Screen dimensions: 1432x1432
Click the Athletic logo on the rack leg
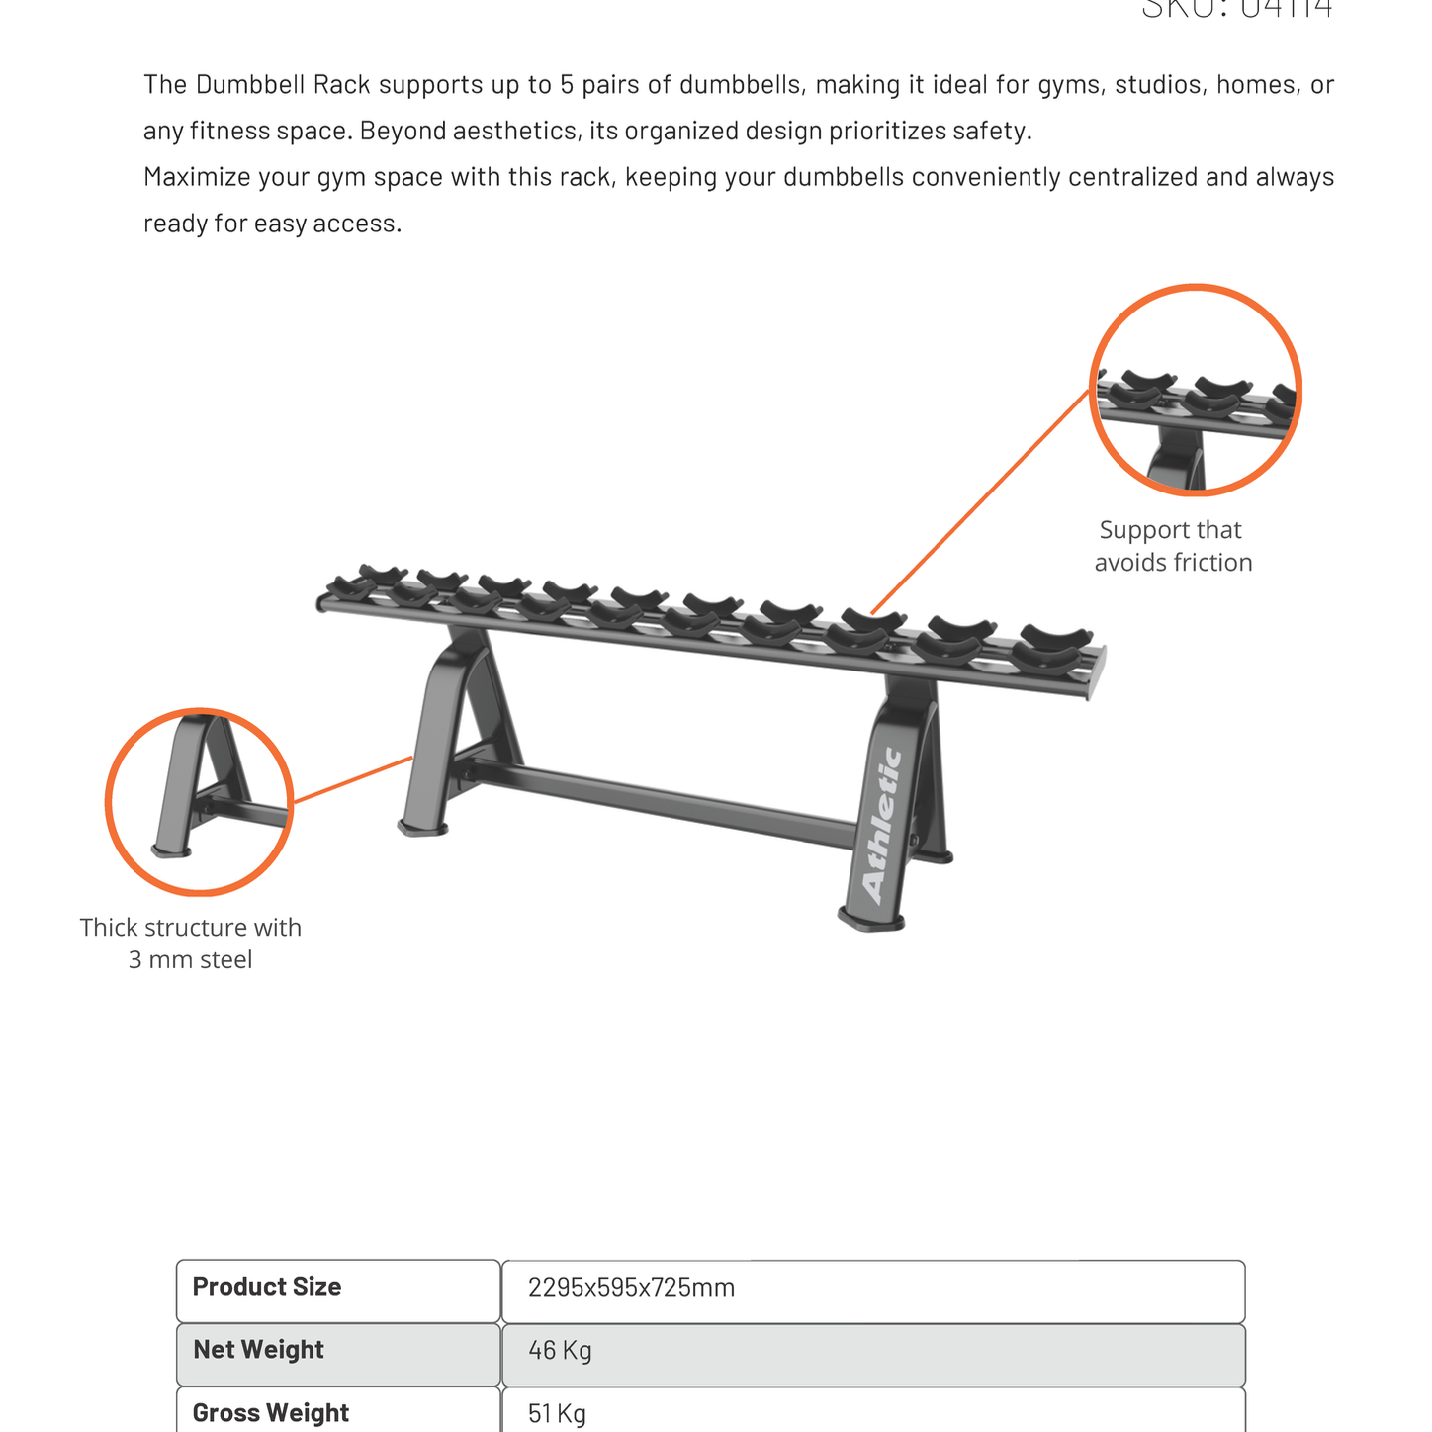(882, 825)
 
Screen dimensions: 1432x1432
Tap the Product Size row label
(267, 1287)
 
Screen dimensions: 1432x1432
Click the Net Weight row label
(258, 1350)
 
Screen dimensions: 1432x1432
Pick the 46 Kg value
(560, 1351)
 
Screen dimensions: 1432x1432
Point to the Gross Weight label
(270, 1413)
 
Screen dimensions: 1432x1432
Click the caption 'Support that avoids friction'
(1173, 546)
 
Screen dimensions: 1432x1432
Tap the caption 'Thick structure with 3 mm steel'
(191, 943)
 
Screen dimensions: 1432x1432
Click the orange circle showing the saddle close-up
(1196, 390)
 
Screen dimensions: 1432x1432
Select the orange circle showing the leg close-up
(199, 802)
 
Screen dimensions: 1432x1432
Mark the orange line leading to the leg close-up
(353, 779)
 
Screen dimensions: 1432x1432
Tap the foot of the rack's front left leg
(422, 827)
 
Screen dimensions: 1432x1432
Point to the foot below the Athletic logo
(871, 920)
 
